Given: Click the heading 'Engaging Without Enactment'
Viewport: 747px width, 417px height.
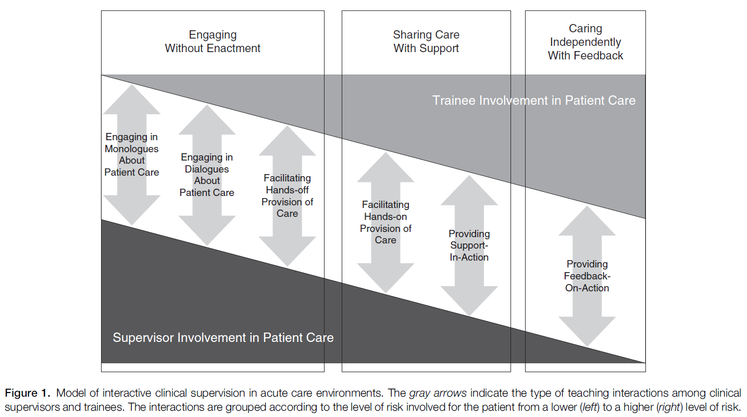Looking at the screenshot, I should (x=213, y=42).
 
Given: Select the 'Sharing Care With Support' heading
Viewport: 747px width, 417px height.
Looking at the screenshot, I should (x=426, y=42).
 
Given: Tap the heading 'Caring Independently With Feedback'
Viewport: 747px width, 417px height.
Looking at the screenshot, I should (x=585, y=42).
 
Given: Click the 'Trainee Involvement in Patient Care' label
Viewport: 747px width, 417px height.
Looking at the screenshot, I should (x=534, y=100).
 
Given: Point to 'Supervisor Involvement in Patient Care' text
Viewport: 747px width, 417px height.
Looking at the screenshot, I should (x=223, y=337).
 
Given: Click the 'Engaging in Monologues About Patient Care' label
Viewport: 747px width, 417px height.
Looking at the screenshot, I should (x=132, y=155).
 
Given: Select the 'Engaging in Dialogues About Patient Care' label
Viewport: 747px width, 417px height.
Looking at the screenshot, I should (x=207, y=175).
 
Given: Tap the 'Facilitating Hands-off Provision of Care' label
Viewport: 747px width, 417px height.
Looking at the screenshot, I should (x=287, y=196).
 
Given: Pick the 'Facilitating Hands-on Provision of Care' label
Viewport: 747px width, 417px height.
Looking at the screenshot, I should (x=385, y=223).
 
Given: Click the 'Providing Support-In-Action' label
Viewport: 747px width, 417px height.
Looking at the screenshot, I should (x=469, y=246).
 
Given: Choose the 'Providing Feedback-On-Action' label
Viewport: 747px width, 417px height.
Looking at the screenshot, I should (x=587, y=276).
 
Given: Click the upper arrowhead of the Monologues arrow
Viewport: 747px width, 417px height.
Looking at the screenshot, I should (x=132, y=99).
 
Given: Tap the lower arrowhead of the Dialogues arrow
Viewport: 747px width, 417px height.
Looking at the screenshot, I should (x=207, y=231).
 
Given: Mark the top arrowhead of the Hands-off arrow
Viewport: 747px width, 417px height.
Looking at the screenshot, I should (x=287, y=141).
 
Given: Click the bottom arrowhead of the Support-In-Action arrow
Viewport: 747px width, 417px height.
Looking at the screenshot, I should (x=469, y=302).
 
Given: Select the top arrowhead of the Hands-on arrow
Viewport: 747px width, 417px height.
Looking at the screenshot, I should (x=385, y=167).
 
